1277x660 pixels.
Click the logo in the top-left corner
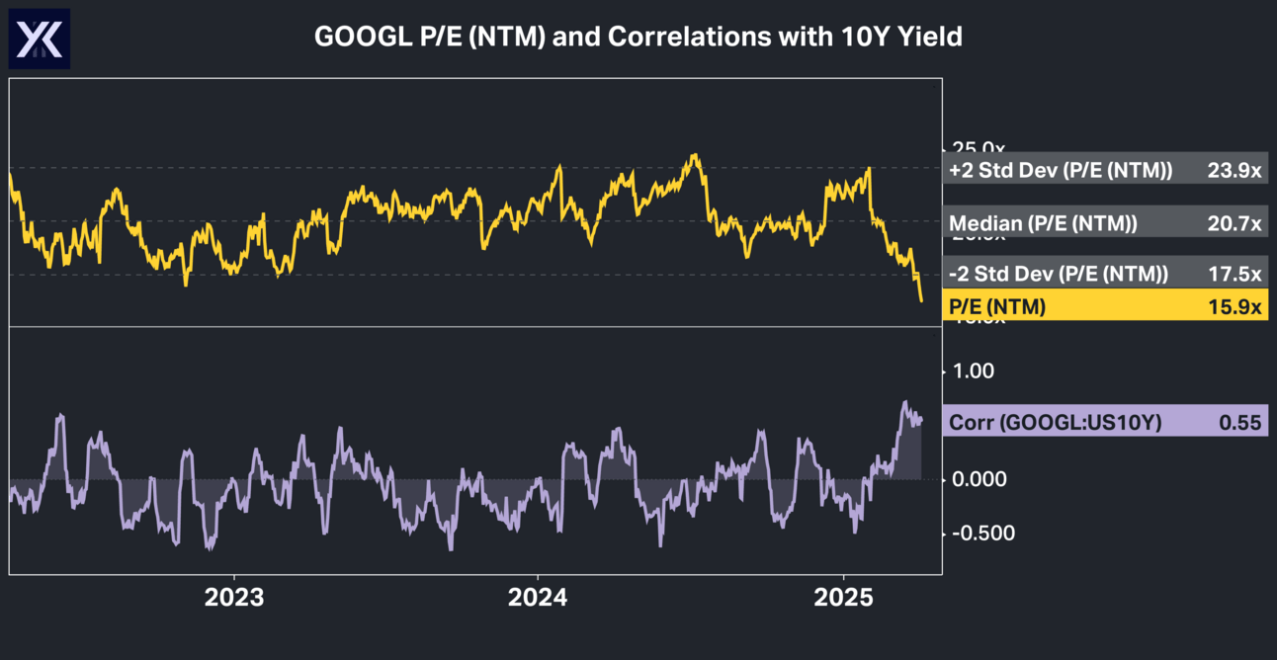pos(40,39)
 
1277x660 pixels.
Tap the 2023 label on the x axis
pos(233,598)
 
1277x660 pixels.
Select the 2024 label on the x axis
pos(537,598)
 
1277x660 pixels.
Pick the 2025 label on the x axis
pos(843,598)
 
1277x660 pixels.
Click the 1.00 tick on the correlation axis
pos(973,371)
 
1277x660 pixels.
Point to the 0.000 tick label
pos(979,479)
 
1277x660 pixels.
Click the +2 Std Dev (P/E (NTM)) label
pos(1061,170)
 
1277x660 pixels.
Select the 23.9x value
pos(1234,170)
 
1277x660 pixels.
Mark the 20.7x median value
pos(1234,223)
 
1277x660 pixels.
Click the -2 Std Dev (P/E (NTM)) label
pos(1059,274)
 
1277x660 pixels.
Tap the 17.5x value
pos(1234,274)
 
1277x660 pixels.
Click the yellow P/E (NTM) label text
pos(997,307)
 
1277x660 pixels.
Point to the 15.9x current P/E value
pos(1234,307)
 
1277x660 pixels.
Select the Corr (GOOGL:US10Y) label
pos(1056,423)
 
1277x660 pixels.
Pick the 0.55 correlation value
pos(1240,423)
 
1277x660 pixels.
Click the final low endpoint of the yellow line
pos(921,300)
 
